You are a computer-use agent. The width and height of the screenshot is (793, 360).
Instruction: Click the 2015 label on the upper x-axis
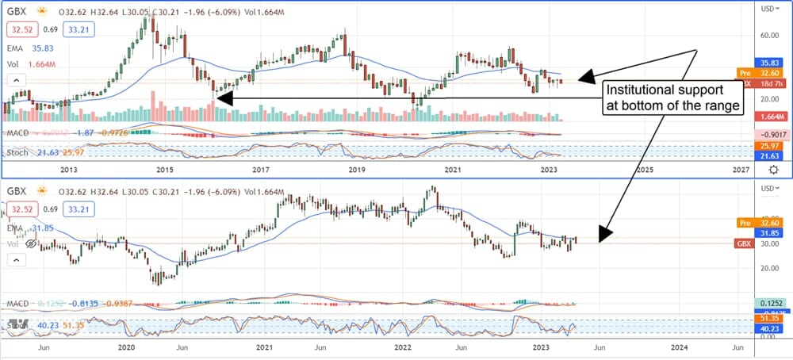[164, 170]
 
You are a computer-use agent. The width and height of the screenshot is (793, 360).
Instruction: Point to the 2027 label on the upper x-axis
[740, 170]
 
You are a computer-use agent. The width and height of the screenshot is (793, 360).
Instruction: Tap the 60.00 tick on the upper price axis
[766, 36]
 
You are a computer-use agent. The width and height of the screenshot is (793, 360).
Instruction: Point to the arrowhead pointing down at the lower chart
[606, 235]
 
